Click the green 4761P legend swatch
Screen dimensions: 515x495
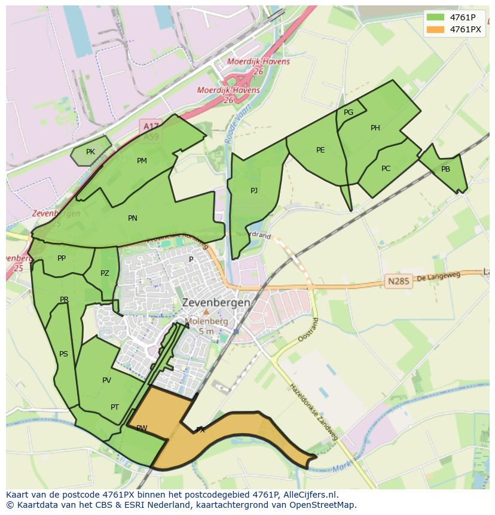pos(435,17)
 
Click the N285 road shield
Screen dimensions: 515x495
pos(399,281)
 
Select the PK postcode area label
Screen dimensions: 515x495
pos(90,152)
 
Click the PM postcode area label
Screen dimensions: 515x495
pos(142,160)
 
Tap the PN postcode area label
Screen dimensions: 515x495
pos(133,218)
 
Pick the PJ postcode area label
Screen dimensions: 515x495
pos(254,190)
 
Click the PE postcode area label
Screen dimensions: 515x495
pos(320,150)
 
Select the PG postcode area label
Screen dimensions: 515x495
pos(349,112)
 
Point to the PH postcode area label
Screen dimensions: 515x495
pos(375,127)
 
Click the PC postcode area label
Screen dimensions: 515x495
pos(386,169)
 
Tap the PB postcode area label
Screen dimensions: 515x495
pos(445,169)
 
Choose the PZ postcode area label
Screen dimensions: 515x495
pos(105,273)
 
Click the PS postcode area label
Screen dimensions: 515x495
pos(63,354)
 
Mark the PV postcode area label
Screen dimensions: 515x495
pos(106,380)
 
